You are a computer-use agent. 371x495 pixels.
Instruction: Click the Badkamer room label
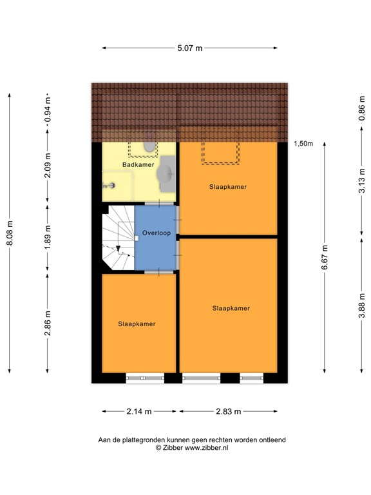[138, 165]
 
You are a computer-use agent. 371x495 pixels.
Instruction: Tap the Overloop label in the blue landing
[157, 233]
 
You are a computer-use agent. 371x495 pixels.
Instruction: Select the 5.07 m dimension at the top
[190, 48]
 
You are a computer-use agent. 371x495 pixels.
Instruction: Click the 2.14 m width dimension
[139, 411]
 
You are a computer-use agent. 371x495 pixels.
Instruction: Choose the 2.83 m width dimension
[228, 411]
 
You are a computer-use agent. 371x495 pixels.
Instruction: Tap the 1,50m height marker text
[303, 144]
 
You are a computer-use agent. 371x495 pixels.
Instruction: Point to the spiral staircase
[118, 237]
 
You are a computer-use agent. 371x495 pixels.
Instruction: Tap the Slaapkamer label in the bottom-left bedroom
[137, 324]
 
